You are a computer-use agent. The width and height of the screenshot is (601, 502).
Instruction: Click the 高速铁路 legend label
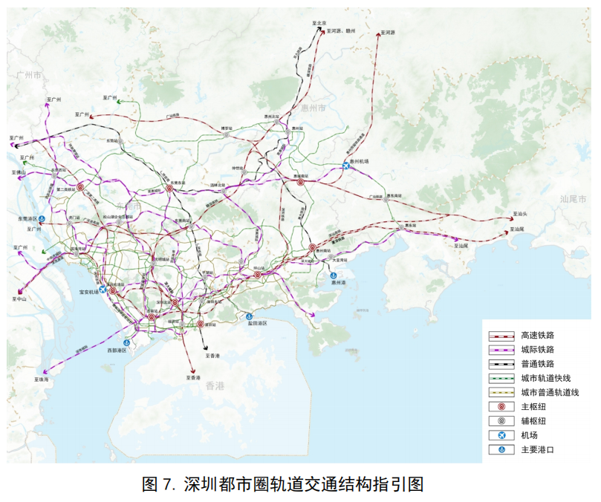point(539,335)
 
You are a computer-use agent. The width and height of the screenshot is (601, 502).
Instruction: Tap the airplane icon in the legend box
point(501,435)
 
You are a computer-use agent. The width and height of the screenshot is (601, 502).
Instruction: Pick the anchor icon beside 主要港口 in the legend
point(501,449)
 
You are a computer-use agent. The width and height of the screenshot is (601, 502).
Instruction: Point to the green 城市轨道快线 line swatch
point(501,378)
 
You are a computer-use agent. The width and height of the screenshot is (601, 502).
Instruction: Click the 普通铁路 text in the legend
point(539,364)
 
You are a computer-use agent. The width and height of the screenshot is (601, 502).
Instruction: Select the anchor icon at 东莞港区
point(42,219)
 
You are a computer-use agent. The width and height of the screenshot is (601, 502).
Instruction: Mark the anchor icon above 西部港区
point(127,342)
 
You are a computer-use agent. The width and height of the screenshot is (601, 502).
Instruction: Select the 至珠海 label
point(41,379)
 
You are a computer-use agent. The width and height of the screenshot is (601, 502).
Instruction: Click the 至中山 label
point(19,298)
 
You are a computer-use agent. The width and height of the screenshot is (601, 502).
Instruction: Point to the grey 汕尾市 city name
point(574,200)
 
